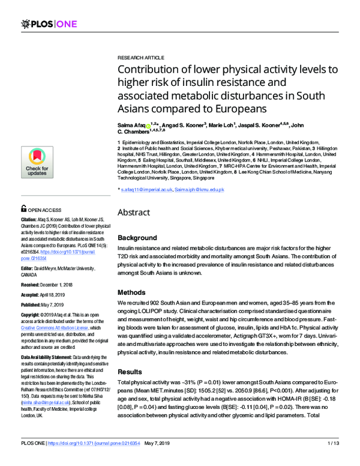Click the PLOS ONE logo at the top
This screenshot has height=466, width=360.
(44, 23)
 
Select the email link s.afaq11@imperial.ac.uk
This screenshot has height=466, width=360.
(146, 190)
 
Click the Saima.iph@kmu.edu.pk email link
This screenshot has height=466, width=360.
(199, 190)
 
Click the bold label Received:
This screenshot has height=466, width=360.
(33, 283)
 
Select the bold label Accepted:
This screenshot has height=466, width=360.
(33, 294)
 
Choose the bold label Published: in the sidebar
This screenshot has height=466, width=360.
(34, 304)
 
